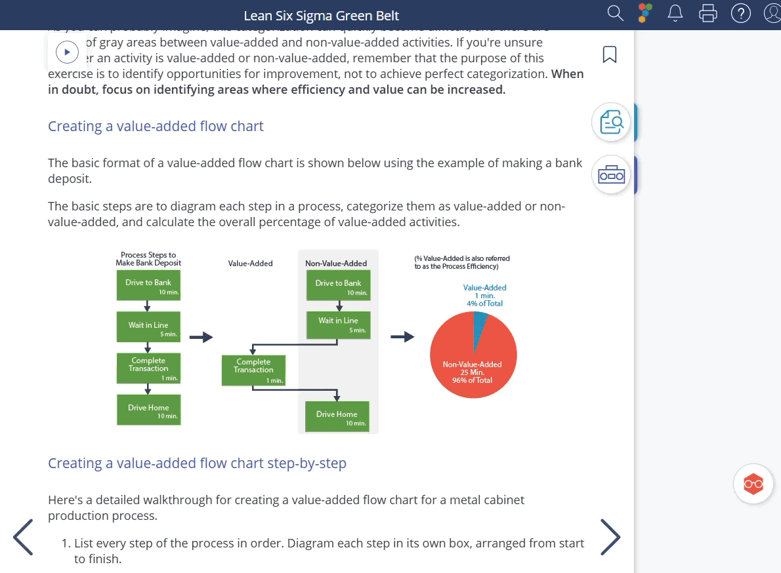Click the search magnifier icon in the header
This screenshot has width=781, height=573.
click(x=615, y=13)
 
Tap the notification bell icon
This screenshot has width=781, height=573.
click(x=675, y=13)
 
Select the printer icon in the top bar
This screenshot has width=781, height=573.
click(x=708, y=13)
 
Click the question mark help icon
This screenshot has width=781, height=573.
click(x=741, y=13)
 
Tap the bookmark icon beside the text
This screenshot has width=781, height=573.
click(x=610, y=54)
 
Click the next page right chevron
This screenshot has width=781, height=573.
click(x=610, y=537)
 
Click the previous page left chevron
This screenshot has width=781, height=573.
click(x=24, y=537)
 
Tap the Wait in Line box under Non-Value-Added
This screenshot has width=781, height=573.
click(x=338, y=325)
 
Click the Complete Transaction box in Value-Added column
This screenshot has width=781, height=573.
click(x=253, y=370)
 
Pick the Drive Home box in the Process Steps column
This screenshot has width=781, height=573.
click(x=148, y=410)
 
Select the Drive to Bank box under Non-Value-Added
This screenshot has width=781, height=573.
click(x=338, y=286)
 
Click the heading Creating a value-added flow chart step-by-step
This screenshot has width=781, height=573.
click(x=197, y=464)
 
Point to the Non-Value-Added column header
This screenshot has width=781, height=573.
click(x=336, y=264)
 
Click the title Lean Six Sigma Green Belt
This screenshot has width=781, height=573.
click(x=321, y=16)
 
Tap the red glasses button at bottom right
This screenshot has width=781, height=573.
click(x=753, y=484)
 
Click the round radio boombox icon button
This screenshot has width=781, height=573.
click(x=612, y=175)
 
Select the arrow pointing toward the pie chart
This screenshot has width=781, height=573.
click(x=402, y=337)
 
